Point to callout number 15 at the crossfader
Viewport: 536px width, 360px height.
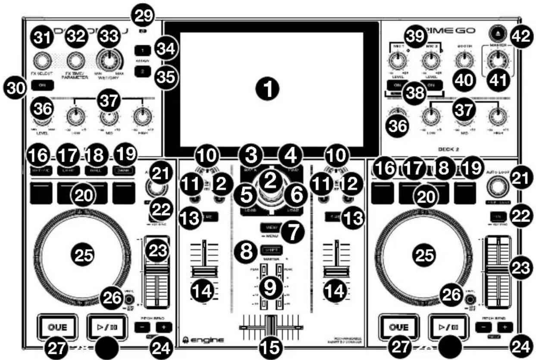tap(270, 346)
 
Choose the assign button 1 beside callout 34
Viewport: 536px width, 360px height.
tap(142, 51)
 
